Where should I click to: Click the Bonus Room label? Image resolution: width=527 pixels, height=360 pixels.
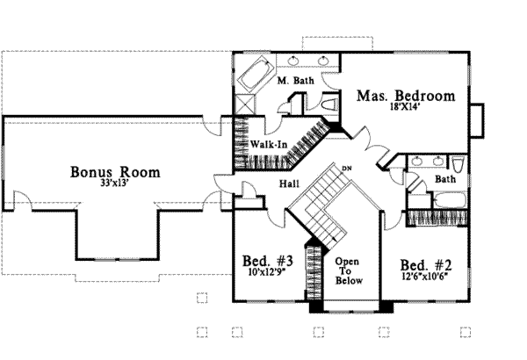115,172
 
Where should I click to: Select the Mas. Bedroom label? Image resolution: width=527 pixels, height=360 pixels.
405,96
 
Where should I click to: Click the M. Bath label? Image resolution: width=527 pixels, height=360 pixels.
295,82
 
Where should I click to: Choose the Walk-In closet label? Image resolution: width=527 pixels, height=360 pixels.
269,143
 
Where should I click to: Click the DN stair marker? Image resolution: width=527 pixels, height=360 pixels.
346,168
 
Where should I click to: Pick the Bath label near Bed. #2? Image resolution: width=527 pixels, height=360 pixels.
445,179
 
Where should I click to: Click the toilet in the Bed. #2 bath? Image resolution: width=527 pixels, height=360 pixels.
457,166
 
